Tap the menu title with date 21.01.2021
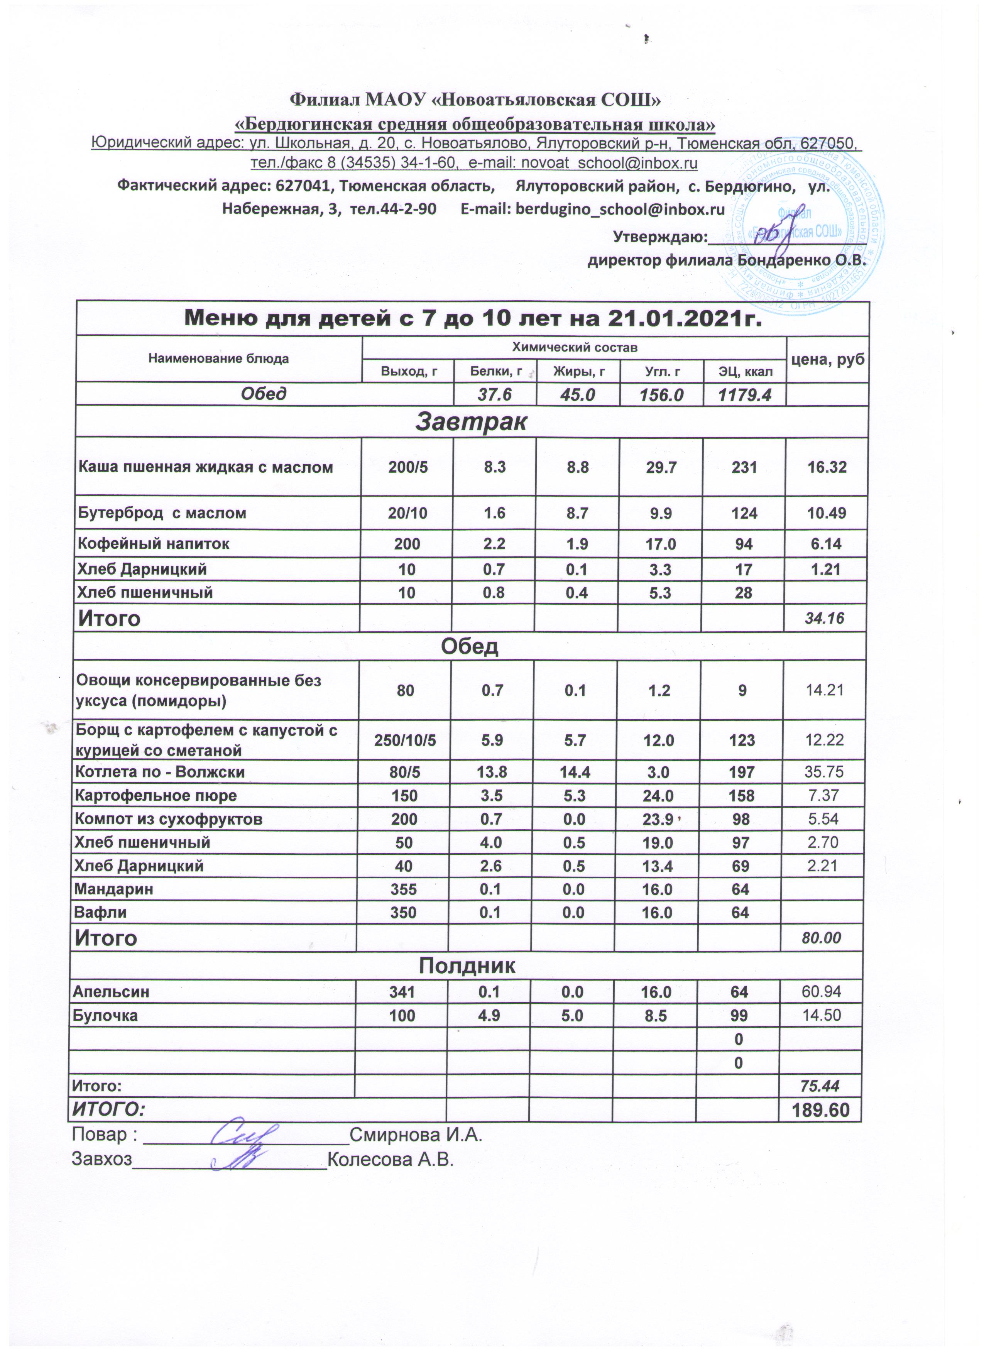click(x=473, y=319)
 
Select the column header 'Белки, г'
click(x=495, y=372)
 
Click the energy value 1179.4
click(x=744, y=394)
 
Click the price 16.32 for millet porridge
click(x=826, y=467)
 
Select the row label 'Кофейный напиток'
click(x=154, y=543)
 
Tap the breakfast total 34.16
click(x=824, y=618)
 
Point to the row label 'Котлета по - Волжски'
click(x=160, y=772)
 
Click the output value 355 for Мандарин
click(x=404, y=889)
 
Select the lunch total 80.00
click(x=822, y=938)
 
